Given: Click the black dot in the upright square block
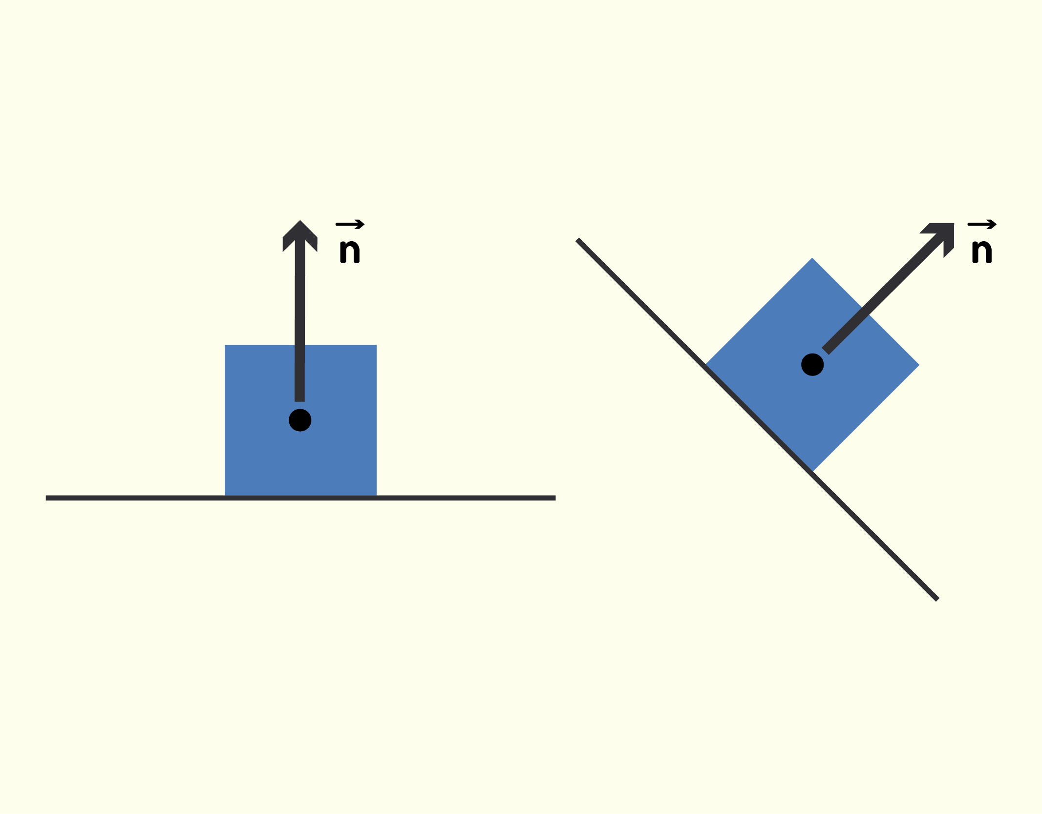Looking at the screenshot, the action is click(x=300, y=420).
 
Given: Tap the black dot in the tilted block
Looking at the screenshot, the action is click(x=812, y=365).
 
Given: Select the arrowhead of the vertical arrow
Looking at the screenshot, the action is click(x=300, y=236).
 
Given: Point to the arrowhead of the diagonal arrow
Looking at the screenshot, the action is click(x=940, y=237).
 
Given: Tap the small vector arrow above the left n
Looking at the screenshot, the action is click(x=350, y=225).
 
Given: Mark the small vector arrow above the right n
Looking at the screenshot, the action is click(x=982, y=225).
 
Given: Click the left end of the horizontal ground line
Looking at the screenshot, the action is click(x=46, y=498).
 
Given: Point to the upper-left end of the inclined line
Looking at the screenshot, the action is click(x=577, y=240).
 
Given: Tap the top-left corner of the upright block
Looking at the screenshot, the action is click(x=225, y=345).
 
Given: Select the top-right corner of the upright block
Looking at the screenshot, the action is click(x=377, y=345).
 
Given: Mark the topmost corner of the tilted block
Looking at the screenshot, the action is click(x=812, y=258).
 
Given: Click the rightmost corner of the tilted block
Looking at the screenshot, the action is click(x=919, y=365).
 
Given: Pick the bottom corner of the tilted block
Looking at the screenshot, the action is click(x=812, y=472).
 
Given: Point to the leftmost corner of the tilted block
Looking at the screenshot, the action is click(x=705, y=365).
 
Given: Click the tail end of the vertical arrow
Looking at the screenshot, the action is click(x=299, y=401).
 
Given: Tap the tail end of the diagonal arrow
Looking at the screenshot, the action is click(x=826, y=351).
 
